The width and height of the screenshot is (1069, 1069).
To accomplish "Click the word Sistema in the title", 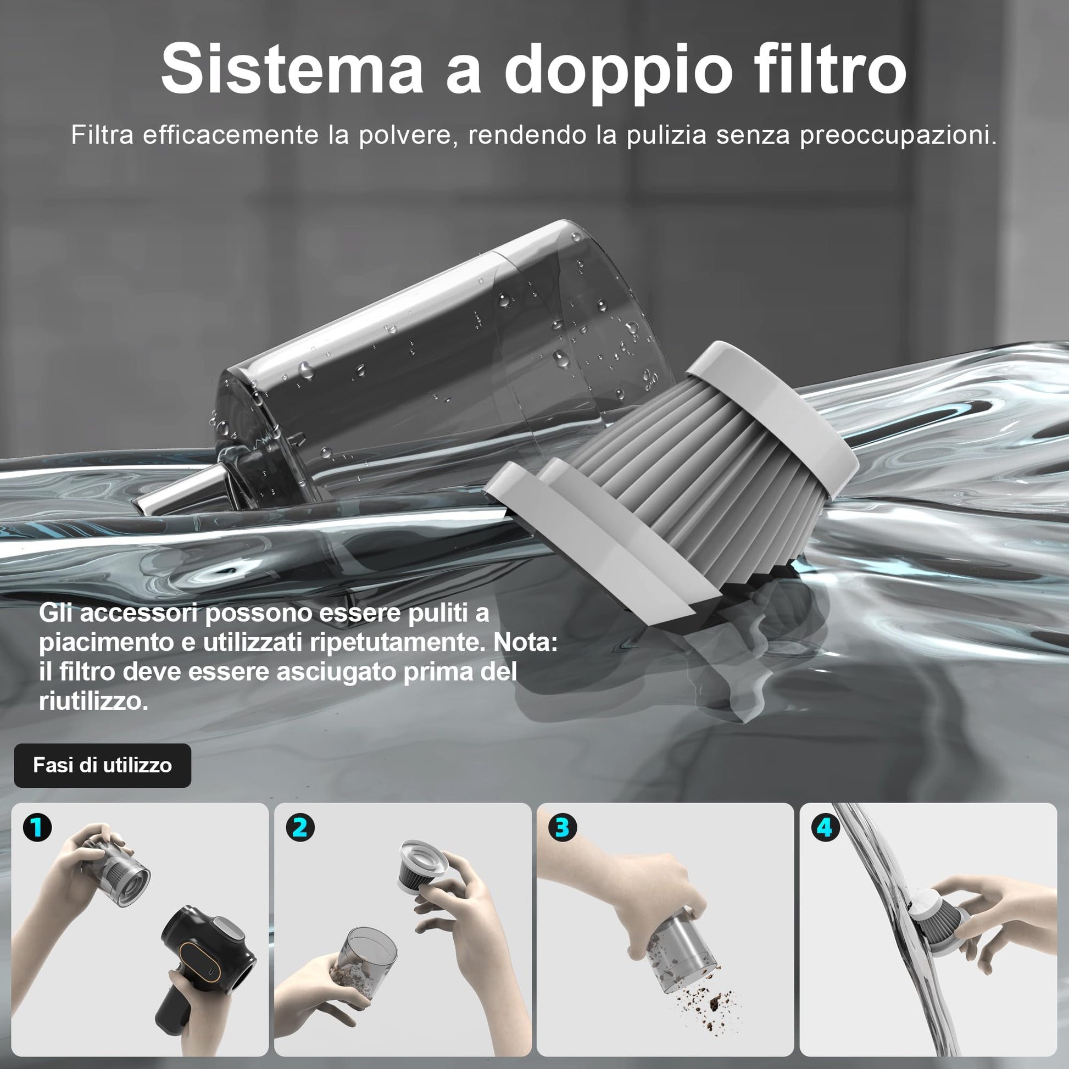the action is (x=292, y=70).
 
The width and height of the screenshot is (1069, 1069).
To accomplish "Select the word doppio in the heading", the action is (x=619, y=74).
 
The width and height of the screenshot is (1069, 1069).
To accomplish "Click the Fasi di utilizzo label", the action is (x=102, y=765).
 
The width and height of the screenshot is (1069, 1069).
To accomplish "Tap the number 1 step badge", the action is (x=37, y=828).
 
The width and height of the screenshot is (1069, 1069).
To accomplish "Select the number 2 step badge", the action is (x=300, y=828).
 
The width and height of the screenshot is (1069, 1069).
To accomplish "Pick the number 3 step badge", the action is (x=562, y=828).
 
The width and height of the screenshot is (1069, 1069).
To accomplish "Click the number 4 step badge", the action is (x=825, y=828).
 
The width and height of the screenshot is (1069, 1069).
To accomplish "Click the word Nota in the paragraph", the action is (x=525, y=642).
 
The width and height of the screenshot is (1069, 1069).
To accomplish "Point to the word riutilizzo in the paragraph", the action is (x=93, y=701).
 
